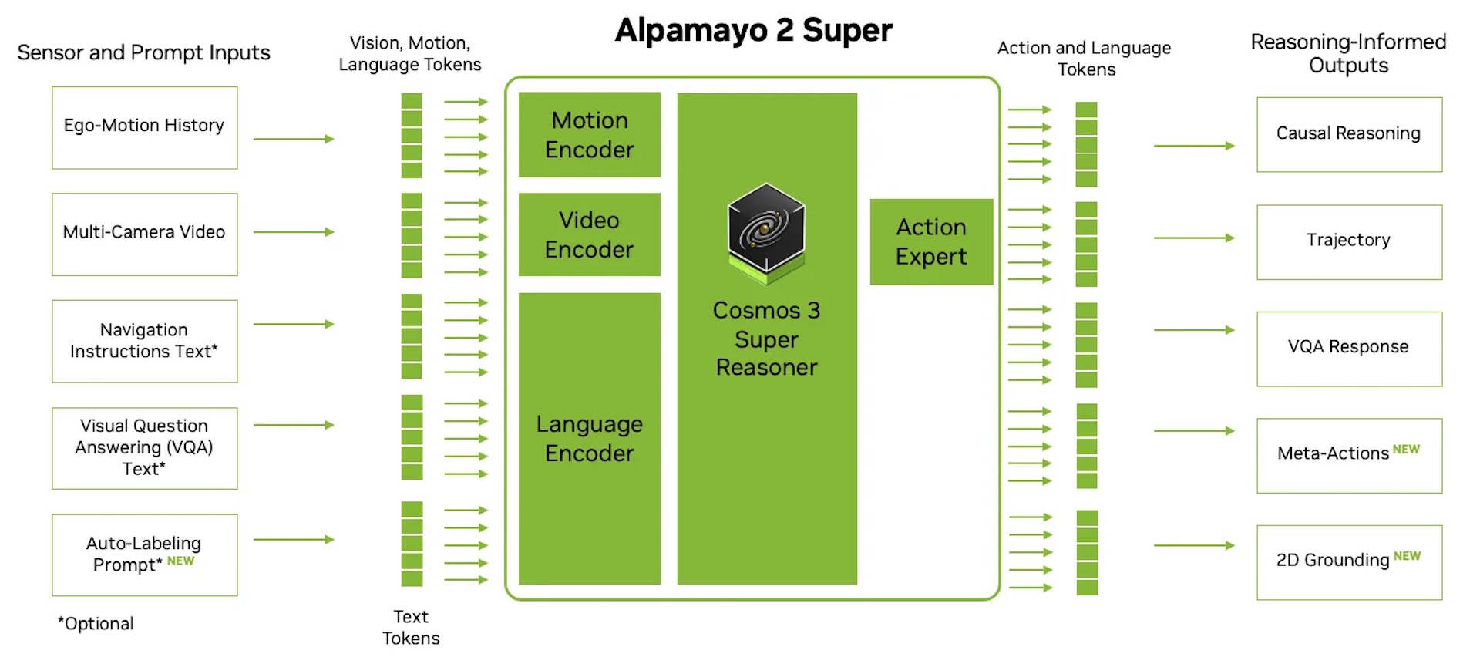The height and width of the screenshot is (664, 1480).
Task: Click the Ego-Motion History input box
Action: [x=145, y=127]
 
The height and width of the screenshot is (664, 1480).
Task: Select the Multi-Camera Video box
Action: [x=145, y=234]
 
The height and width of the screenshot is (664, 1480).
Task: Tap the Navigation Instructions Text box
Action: [x=145, y=341]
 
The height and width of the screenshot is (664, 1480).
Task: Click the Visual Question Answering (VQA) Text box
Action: [x=145, y=448]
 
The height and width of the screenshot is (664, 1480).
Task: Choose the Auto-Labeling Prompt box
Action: [x=145, y=554]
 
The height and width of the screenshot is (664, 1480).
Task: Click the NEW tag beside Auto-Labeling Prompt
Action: [x=181, y=561]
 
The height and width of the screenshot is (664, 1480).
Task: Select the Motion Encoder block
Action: [x=590, y=135]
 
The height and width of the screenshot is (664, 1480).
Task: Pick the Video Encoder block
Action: [x=590, y=234]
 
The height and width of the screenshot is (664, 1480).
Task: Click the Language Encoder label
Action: [x=590, y=438]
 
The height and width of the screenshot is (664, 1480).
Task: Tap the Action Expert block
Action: [x=931, y=241]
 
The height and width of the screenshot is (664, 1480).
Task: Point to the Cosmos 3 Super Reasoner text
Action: [x=766, y=339]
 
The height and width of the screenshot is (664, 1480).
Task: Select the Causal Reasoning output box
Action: [x=1349, y=134]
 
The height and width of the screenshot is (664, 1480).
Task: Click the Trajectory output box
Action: [x=1349, y=241]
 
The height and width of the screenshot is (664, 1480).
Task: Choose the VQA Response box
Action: [x=1349, y=349]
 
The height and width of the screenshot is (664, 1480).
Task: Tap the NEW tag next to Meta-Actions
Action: [x=1406, y=450]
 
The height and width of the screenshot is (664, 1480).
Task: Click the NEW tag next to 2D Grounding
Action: [x=1407, y=556]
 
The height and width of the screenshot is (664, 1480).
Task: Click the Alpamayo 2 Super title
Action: [x=754, y=31]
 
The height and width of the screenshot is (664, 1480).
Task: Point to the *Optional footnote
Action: [x=96, y=623]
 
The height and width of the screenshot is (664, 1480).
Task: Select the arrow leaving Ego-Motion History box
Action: [x=294, y=139]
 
